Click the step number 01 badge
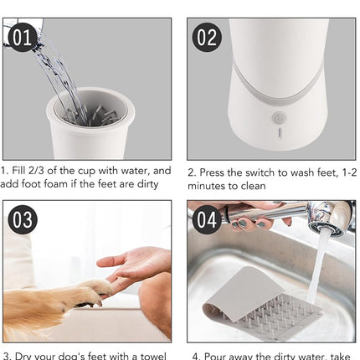(21, 37)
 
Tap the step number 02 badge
(206, 39)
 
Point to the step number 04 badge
(206, 220)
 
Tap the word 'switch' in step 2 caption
(265, 171)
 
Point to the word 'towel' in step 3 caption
(151, 354)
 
